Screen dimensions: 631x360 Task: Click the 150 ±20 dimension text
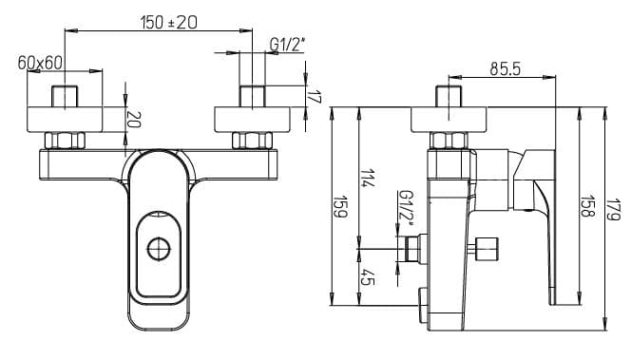coord(169,22)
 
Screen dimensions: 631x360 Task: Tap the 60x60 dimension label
coord(40,63)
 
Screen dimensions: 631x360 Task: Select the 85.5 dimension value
coord(505,69)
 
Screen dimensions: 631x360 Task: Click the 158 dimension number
coord(588,206)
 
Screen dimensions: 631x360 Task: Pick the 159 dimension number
coord(340,206)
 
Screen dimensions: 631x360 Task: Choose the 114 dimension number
coord(368,178)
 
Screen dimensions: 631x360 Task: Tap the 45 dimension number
coord(367,276)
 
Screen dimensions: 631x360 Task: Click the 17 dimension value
coord(315,97)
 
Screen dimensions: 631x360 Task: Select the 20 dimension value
coord(134,120)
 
